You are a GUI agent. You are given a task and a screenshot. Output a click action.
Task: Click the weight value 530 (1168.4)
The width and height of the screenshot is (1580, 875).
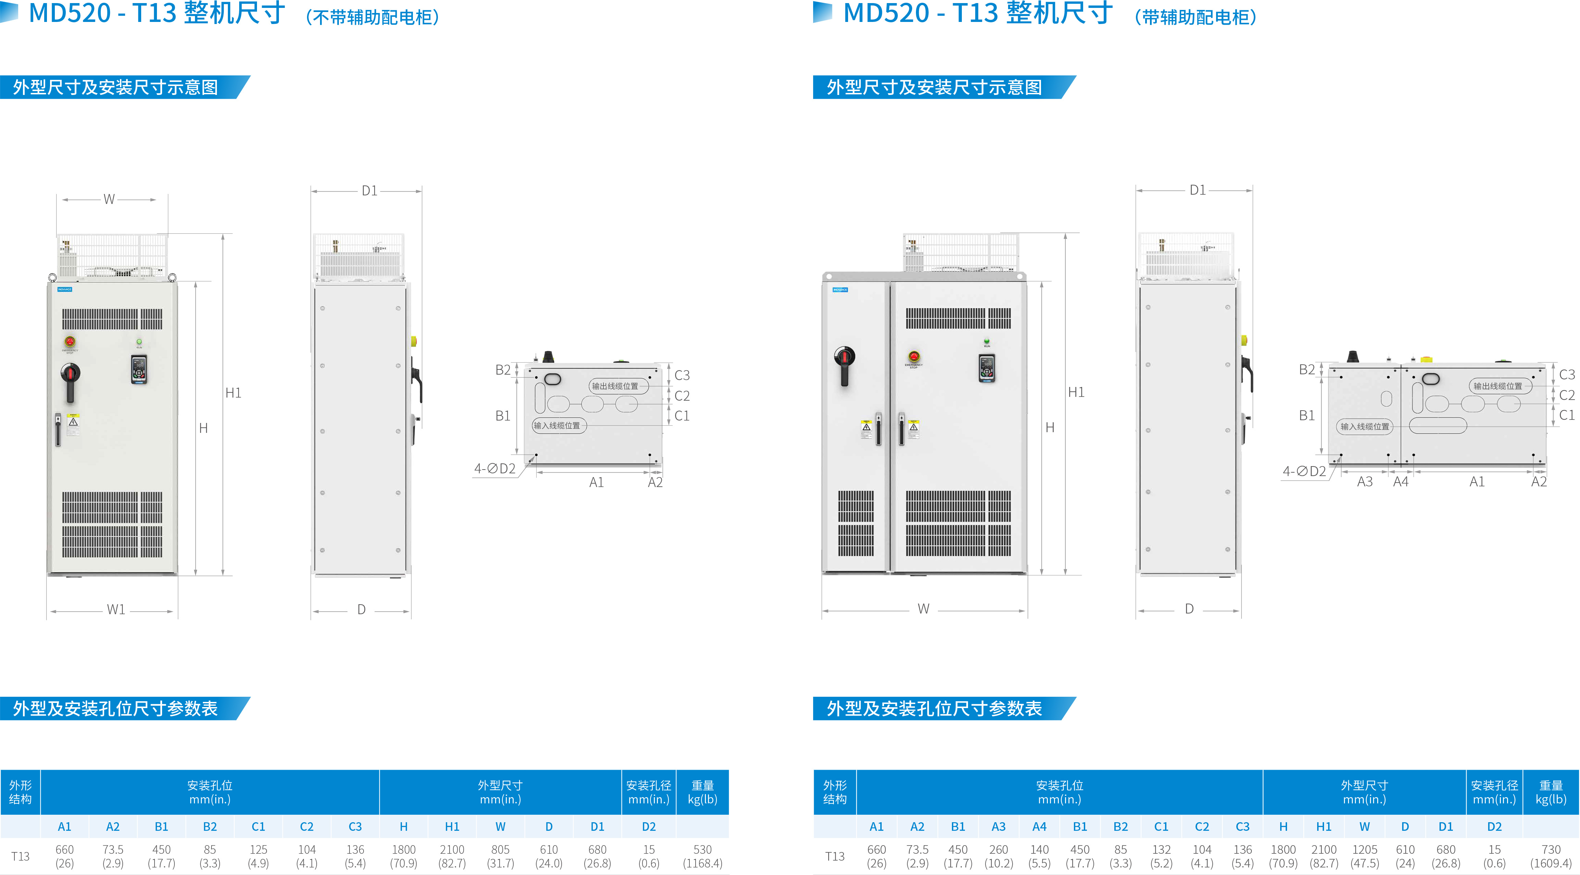click(x=702, y=856)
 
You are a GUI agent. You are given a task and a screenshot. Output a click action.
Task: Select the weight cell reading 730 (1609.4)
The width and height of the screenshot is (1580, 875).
click(x=1551, y=856)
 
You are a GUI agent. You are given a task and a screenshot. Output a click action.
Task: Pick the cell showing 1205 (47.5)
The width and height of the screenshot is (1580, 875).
click(x=1364, y=856)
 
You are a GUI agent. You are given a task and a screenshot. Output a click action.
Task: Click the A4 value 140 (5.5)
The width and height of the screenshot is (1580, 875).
click(x=1039, y=856)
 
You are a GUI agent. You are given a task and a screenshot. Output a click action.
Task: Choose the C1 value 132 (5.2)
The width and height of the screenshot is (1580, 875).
click(x=1161, y=856)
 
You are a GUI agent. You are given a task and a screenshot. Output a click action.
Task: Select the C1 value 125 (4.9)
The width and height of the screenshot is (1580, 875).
click(x=258, y=856)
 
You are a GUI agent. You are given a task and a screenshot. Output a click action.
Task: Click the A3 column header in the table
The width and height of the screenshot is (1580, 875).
click(x=999, y=827)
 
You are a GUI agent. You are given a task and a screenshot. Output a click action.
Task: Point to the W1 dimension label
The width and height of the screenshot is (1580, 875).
click(x=116, y=609)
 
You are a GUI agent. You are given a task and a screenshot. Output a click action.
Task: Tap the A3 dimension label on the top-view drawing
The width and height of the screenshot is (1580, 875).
click(x=1365, y=482)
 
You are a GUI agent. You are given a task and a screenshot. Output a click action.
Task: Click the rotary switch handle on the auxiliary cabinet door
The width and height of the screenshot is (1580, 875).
click(x=845, y=362)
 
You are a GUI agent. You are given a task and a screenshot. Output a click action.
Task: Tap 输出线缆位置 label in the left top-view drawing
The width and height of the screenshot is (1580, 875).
click(x=615, y=386)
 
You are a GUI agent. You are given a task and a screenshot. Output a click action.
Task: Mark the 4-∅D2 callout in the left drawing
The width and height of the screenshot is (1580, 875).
click(x=494, y=469)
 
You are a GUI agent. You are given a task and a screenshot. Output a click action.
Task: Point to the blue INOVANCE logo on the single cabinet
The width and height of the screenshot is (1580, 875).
click(x=64, y=289)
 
